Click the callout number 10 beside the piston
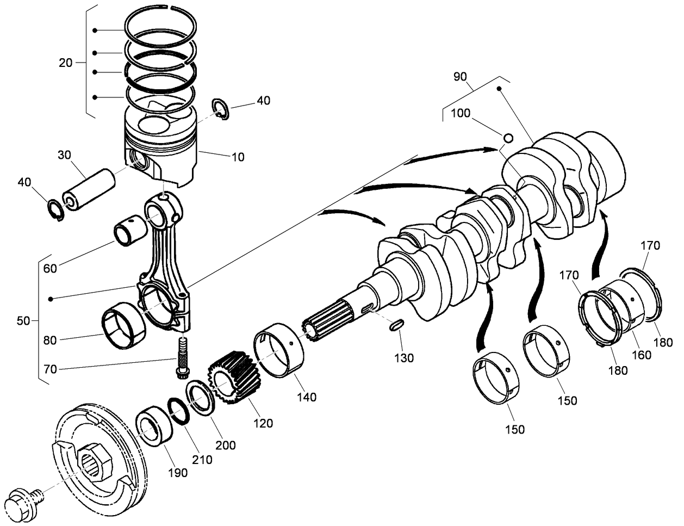coord(238,157)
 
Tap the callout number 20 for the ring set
coord(65,63)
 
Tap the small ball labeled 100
coord(508,136)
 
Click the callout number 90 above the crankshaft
coord(460,77)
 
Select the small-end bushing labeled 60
coord(129,232)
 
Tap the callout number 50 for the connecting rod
coord(23,321)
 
